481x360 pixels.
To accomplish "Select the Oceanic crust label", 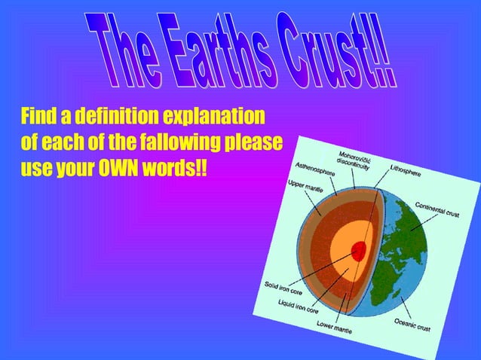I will click(x=415, y=325).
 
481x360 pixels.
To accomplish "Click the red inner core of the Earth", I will click(x=360, y=250).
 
